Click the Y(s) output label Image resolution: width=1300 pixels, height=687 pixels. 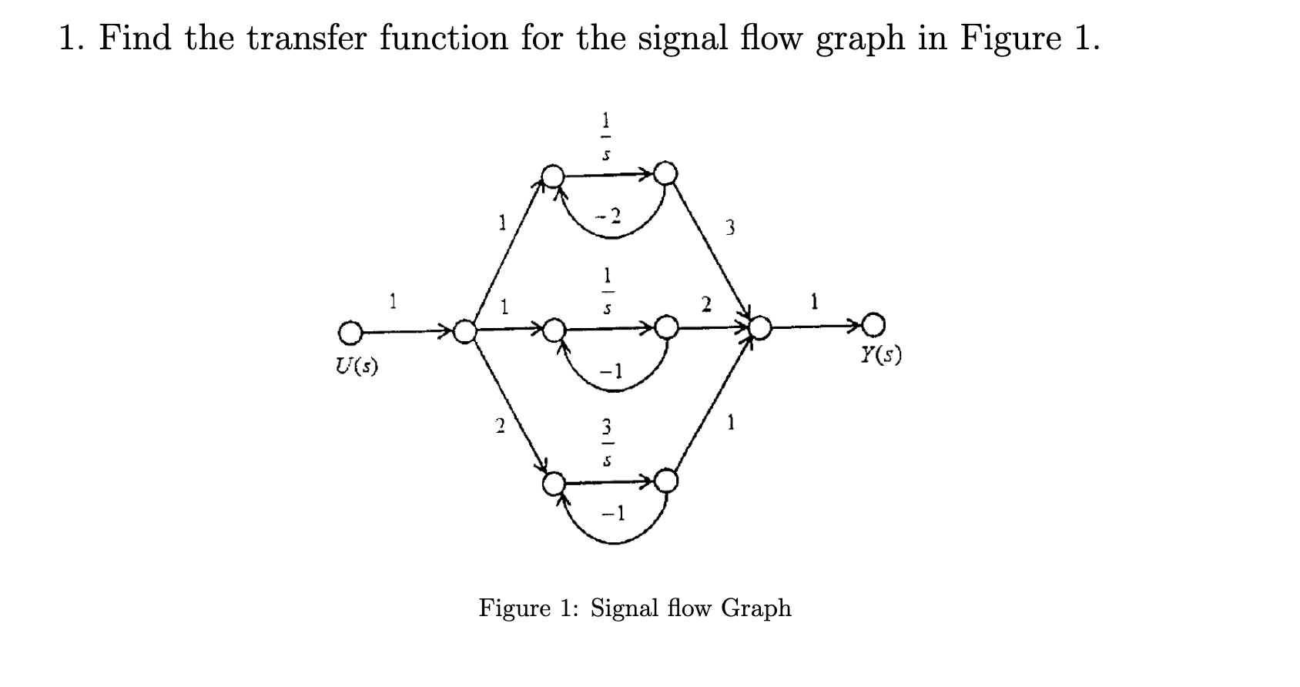[x=880, y=355]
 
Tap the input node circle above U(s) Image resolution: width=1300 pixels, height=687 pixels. [x=349, y=333]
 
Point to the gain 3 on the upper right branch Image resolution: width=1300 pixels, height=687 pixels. [x=730, y=227]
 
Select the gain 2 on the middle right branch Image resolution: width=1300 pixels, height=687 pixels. [x=705, y=305]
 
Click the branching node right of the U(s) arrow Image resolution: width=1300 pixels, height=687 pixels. [x=464, y=332]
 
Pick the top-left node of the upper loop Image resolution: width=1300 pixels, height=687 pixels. [x=552, y=176]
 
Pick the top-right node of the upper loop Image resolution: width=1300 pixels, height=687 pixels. [x=665, y=173]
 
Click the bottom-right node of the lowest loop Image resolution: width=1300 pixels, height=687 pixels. [x=665, y=482]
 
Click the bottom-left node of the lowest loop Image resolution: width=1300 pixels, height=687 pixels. [x=553, y=484]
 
